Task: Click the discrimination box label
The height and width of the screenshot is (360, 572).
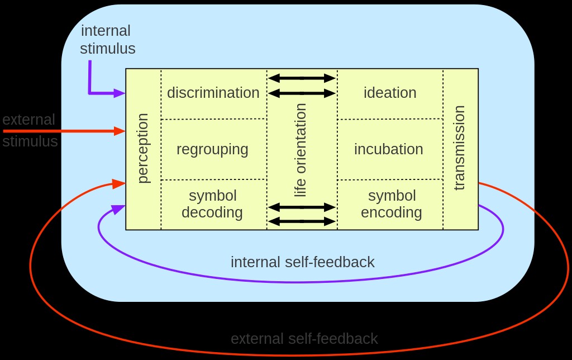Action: point(213,93)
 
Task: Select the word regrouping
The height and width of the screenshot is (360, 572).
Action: point(212,149)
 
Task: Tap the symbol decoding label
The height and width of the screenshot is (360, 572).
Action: point(212,204)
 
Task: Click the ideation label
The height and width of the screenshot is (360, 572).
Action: point(390,93)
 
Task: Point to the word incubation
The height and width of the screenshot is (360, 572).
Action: point(388,149)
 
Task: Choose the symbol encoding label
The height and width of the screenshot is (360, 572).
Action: point(392,204)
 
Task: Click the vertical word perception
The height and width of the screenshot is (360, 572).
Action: point(143,148)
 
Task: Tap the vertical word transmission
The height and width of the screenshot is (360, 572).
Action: point(459,149)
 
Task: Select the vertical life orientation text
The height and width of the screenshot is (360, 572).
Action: point(301,150)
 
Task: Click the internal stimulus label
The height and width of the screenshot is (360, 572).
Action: point(107,39)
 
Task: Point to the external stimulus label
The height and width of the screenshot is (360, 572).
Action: point(29,130)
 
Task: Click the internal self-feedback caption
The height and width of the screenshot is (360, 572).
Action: point(302,262)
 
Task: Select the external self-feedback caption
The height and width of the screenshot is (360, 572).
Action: point(304,339)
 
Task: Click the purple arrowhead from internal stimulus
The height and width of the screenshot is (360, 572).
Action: point(120,93)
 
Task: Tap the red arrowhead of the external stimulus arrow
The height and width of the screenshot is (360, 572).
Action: point(120,131)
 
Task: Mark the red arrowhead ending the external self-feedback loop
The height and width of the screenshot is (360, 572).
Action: point(119,183)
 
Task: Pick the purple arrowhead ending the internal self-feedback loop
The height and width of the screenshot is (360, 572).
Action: point(118,209)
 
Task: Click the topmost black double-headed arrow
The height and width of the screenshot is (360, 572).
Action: point(302,78)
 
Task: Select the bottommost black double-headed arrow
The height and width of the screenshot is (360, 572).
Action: point(302,221)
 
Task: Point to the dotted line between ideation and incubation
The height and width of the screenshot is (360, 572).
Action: point(390,119)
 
